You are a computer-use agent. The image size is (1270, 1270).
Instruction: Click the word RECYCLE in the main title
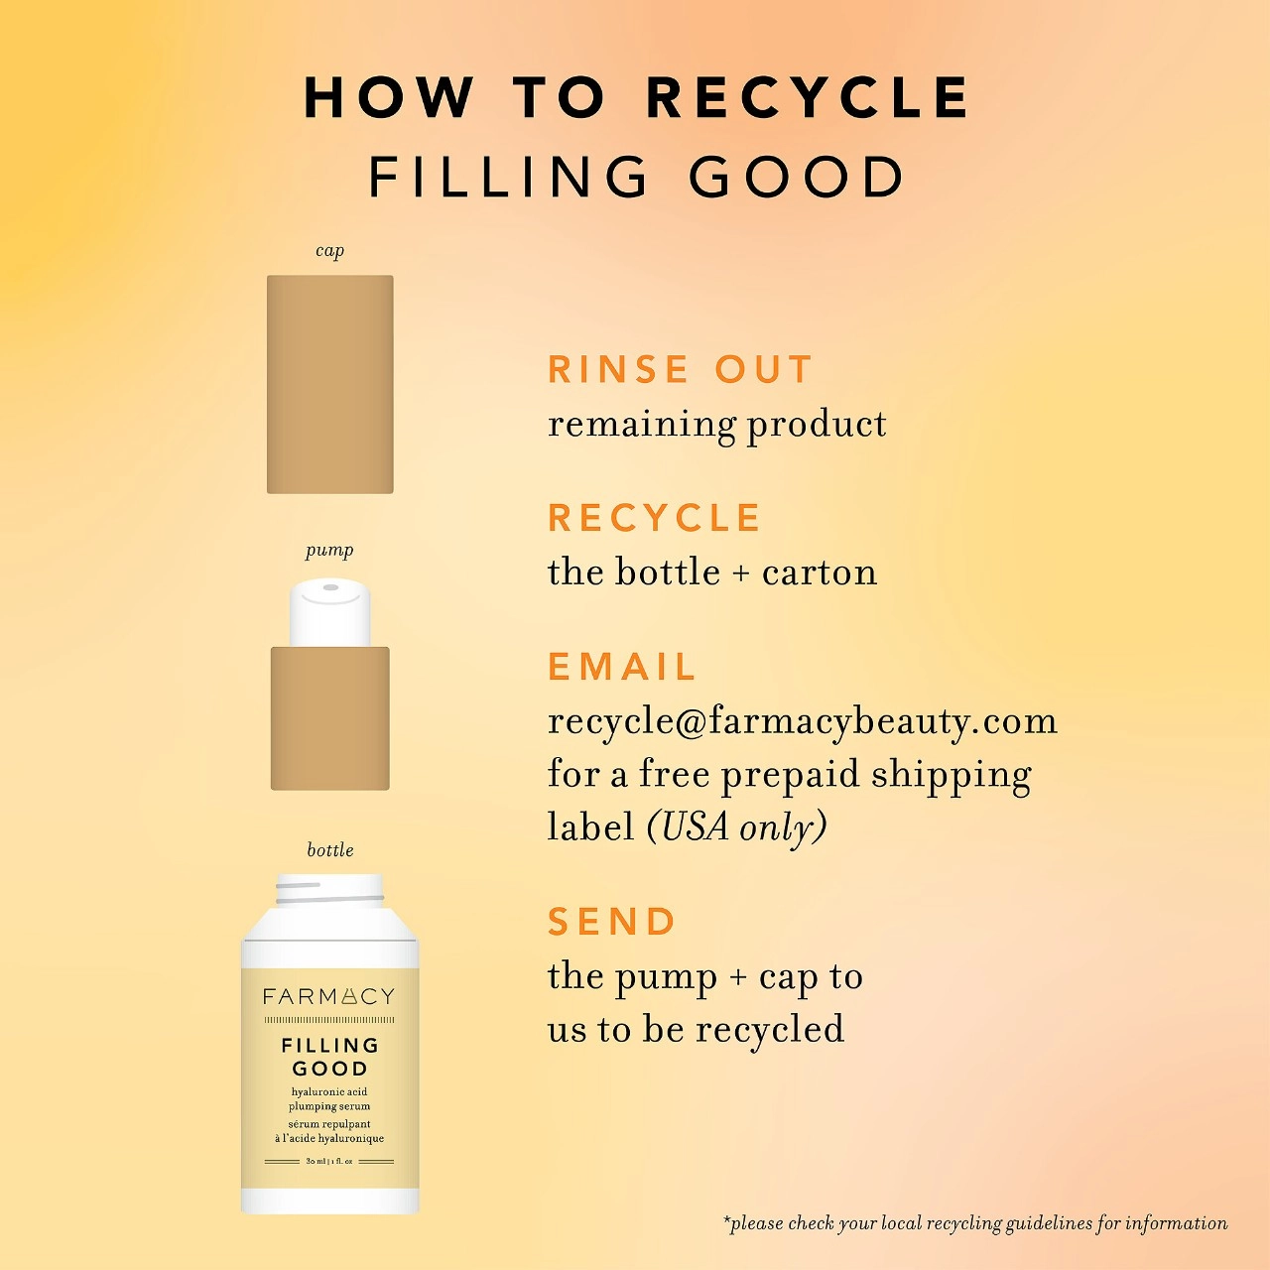point(808,97)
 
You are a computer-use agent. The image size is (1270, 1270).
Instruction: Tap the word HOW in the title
point(390,97)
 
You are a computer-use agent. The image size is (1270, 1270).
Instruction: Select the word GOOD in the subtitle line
point(797,177)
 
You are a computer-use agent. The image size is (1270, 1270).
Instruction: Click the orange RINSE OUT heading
point(681,369)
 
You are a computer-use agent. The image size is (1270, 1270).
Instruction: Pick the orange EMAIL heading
point(621,667)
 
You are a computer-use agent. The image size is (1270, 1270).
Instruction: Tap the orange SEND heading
point(611,922)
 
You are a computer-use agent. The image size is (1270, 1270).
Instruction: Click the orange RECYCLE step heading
point(655,517)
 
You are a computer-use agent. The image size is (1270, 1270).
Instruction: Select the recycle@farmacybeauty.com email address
point(803,722)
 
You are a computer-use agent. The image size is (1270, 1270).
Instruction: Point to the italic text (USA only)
point(737,826)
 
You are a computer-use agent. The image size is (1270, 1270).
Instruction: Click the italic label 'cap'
point(330,251)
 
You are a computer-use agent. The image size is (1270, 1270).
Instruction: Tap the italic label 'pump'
point(329,551)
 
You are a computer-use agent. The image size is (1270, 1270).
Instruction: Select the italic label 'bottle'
point(330,850)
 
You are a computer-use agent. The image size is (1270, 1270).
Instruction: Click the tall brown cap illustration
point(330,384)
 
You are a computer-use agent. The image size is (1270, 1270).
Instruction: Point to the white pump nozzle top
point(330,613)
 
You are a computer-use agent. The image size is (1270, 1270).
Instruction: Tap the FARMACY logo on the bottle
point(328,996)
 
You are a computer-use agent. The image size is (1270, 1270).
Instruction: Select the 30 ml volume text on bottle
point(328,1161)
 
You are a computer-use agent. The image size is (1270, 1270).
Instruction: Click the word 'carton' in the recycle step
point(820,572)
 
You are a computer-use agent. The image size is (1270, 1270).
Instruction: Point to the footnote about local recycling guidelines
point(975,1224)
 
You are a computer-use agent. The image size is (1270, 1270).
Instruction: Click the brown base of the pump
point(330,718)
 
